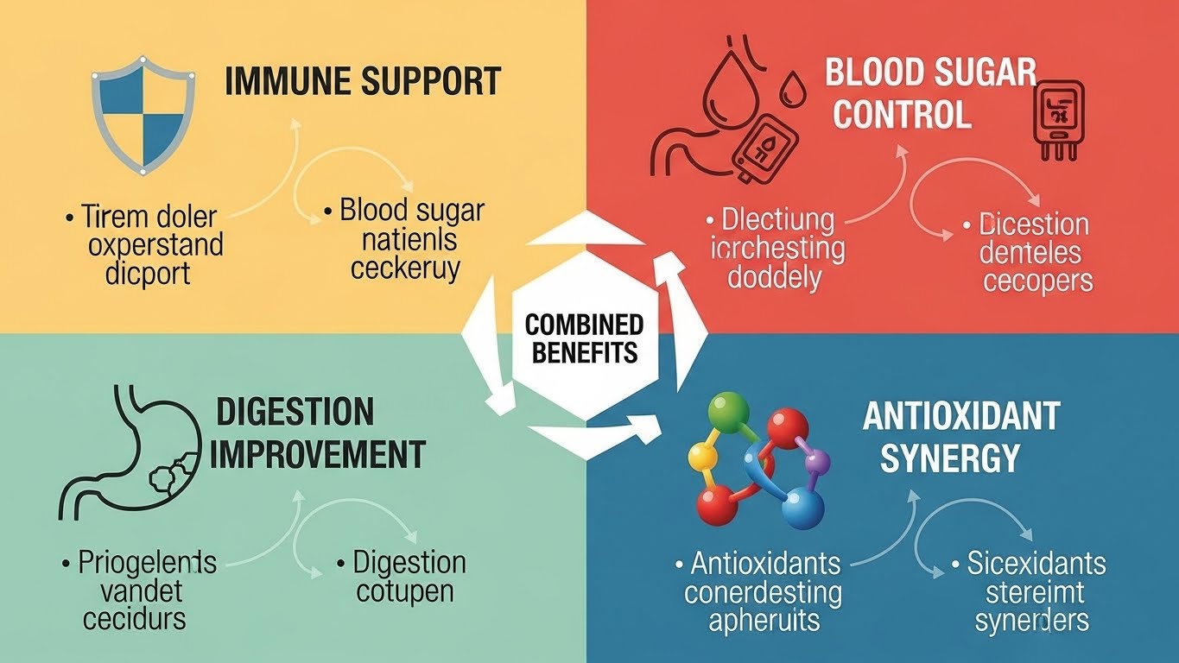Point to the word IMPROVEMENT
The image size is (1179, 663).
coord(317,454)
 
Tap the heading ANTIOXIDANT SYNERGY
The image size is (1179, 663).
coord(960,437)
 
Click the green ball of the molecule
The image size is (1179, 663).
coord(727,408)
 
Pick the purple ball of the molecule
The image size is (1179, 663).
coord(818,465)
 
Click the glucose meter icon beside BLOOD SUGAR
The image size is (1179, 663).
coord(1055,117)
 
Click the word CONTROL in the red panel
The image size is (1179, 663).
coord(903,114)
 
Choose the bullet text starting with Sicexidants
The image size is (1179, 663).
coord(1032,592)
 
